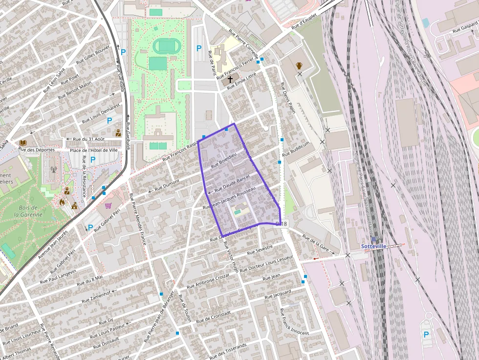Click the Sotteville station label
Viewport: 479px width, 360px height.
[x=373, y=246]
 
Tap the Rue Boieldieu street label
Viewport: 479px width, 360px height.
[x=223, y=161]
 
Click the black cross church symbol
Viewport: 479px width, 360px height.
[x=230, y=79]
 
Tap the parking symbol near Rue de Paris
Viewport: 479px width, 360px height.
[x=199, y=48]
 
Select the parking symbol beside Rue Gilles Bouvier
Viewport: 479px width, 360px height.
[x=123, y=52]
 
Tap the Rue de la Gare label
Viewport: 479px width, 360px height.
[x=318, y=245]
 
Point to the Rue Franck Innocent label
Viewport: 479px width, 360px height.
[x=295, y=321]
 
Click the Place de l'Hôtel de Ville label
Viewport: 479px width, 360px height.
[x=93, y=150]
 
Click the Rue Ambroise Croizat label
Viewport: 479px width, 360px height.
[x=208, y=280]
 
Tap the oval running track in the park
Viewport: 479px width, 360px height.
[x=166, y=46]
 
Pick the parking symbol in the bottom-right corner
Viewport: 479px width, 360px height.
[x=426, y=335]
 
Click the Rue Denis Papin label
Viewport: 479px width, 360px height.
[x=288, y=98]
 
